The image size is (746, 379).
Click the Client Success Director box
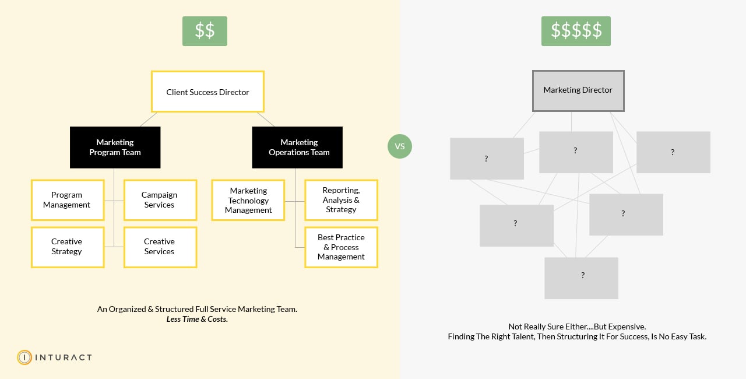click(207, 92)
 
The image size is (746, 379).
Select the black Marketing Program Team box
click(115, 148)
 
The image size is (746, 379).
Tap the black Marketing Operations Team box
click(297, 148)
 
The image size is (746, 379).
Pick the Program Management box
click(68, 200)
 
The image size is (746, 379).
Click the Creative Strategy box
click(68, 247)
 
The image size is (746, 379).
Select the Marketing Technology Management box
click(248, 200)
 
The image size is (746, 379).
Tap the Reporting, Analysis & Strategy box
click(341, 200)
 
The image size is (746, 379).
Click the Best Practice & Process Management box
click(341, 247)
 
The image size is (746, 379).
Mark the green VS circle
click(400, 146)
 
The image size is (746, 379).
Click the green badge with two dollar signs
click(205, 31)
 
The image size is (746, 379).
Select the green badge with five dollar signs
click(576, 31)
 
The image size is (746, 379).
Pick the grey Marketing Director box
click(578, 90)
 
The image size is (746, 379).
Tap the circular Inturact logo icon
click(24, 357)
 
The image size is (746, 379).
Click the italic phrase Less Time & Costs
click(197, 320)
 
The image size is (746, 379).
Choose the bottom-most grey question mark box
click(581, 278)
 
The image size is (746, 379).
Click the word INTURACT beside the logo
click(64, 357)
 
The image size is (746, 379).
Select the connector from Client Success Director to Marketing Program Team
click(148, 120)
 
